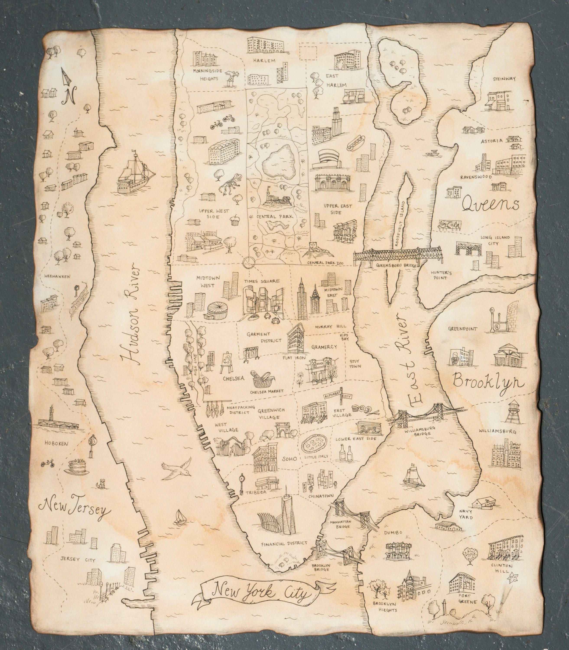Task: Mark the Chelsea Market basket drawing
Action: coord(262,379)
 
